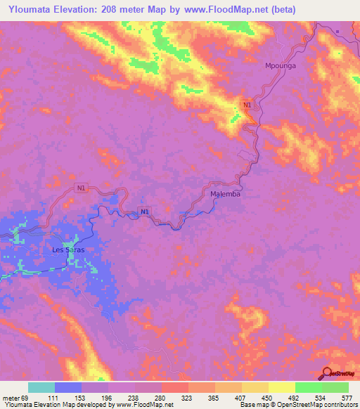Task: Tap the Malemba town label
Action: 225,194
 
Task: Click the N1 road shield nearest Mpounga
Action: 246,105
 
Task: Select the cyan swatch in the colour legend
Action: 41,387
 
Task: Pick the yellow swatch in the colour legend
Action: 281,387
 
